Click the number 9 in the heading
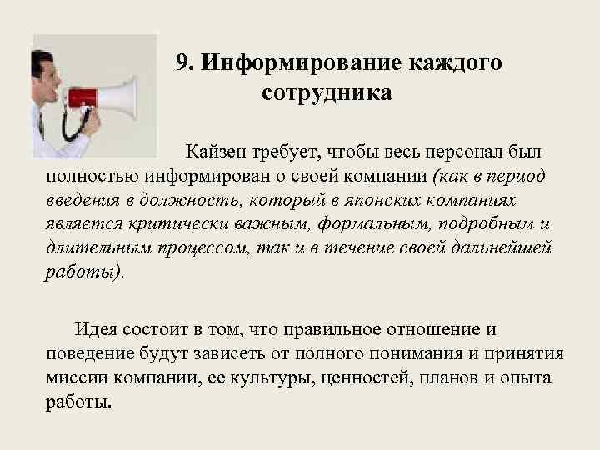(x=183, y=63)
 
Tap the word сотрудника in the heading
(x=326, y=92)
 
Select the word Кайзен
(x=215, y=152)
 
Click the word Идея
(x=97, y=329)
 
